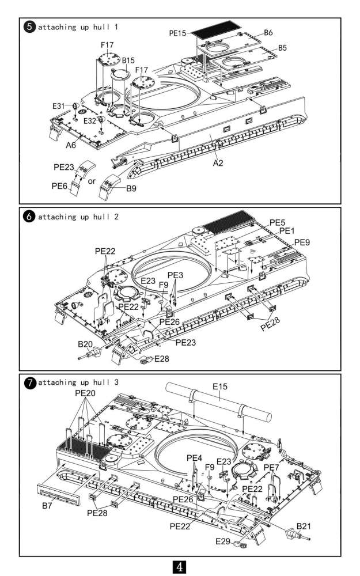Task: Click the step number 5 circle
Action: [x=29, y=27]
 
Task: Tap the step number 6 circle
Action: [x=29, y=217]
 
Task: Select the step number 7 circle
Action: [x=30, y=383]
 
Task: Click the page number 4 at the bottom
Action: [x=180, y=566]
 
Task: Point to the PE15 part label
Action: [x=177, y=33]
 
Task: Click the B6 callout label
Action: [x=268, y=33]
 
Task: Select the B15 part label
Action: [x=128, y=60]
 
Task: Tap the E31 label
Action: [x=58, y=106]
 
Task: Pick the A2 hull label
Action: [x=218, y=162]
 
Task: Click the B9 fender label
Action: [x=131, y=188]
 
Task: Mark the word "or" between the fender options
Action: [x=92, y=181]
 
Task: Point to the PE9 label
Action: [x=302, y=242]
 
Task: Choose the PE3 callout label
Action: [x=175, y=275]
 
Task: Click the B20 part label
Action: [x=85, y=344]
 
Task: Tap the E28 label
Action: [x=162, y=358]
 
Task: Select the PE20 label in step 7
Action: [x=85, y=393]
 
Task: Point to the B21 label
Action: [x=304, y=526]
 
